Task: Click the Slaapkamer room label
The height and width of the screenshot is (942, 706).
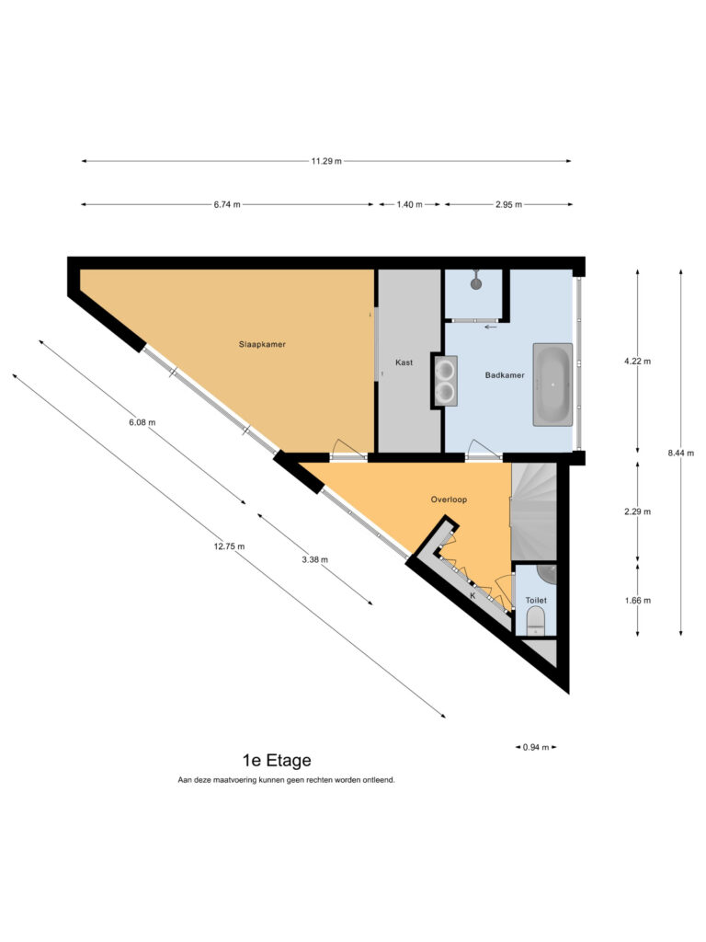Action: click(x=262, y=344)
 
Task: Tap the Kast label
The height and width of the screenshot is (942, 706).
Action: click(x=404, y=362)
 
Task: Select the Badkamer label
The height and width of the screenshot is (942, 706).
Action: click(x=505, y=375)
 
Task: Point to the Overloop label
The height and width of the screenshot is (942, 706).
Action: click(x=449, y=500)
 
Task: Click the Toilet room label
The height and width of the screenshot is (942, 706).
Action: click(x=536, y=600)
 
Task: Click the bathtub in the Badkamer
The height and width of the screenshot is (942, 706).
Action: click(x=552, y=385)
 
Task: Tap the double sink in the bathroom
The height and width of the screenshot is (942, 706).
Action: click(x=446, y=380)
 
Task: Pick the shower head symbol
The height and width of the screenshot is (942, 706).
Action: click(x=477, y=281)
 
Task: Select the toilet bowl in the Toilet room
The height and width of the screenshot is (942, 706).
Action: click(x=535, y=621)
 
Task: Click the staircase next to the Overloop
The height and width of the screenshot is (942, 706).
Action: click(x=534, y=511)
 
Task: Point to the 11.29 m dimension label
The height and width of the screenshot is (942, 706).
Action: click(x=326, y=161)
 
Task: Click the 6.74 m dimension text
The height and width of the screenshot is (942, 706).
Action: click(x=227, y=204)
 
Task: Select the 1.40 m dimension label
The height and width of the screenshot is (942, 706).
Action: click(x=409, y=204)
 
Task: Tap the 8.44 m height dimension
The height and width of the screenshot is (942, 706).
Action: click(x=681, y=453)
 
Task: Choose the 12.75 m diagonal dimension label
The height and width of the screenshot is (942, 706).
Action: click(x=229, y=546)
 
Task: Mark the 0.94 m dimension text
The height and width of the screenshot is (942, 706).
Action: click(x=536, y=747)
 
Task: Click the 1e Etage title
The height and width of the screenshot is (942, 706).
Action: click(x=277, y=761)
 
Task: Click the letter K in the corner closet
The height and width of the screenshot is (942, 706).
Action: click(x=473, y=596)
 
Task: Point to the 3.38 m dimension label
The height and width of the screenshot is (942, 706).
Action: click(x=314, y=560)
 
